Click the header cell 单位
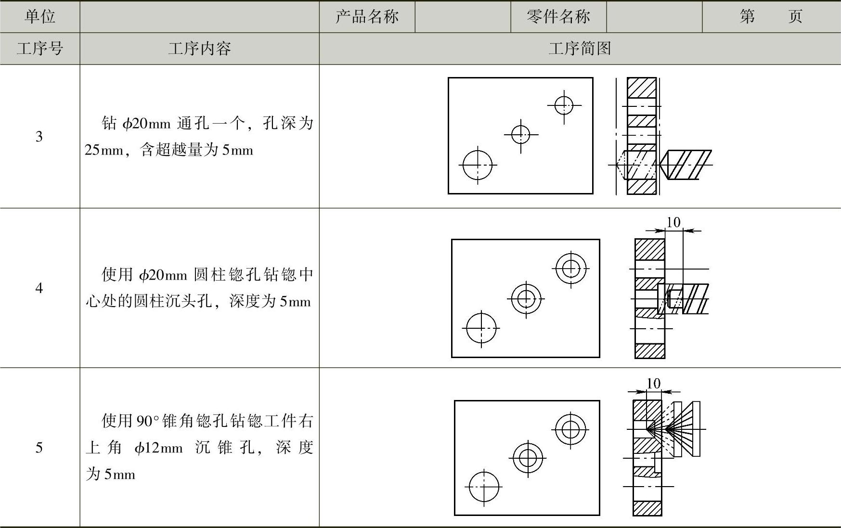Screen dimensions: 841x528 click(40, 17)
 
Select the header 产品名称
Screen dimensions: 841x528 click(367, 17)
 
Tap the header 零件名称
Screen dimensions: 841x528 click(558, 17)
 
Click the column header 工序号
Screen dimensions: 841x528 click(40, 49)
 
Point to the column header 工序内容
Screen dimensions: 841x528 click(199, 49)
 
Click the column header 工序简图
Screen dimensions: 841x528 click(580, 49)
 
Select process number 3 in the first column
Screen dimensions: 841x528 click(39, 137)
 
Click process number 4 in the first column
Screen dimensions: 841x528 click(39, 288)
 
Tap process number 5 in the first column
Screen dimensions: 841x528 click(39, 448)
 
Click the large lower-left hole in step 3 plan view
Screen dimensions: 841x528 click(478, 165)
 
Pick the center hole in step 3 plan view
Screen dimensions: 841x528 click(520, 134)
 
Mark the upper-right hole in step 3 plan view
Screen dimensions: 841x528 click(564, 105)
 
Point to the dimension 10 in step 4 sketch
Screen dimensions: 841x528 click(673, 222)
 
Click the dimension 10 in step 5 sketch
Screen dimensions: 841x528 click(653, 384)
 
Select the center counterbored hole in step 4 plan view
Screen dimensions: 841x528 click(526, 298)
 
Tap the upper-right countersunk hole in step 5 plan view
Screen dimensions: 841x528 click(570, 429)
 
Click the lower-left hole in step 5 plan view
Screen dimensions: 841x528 click(484, 487)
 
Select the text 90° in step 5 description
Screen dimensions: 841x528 click(147, 421)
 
